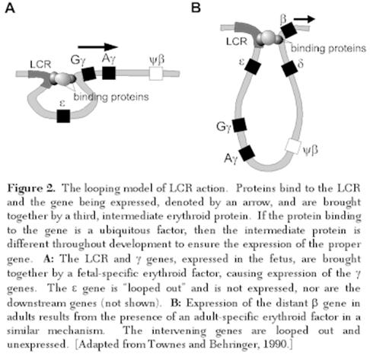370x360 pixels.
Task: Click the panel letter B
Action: (196, 8)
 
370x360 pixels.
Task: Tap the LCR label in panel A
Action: (40, 65)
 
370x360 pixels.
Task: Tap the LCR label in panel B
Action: (237, 41)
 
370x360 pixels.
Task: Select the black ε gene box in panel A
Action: (63, 116)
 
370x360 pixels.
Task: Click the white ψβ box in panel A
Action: (156, 74)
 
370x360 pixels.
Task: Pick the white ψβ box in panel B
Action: (293, 146)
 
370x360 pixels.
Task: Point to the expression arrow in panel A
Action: (97, 46)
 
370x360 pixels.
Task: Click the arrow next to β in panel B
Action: (304, 19)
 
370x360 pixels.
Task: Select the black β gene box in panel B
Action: (289, 30)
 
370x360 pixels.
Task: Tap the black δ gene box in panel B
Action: (289, 68)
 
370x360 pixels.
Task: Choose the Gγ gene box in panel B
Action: (239, 125)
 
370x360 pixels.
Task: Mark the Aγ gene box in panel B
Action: (247, 153)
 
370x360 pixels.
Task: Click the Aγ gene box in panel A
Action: (109, 73)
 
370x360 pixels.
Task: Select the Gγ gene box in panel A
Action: (89, 74)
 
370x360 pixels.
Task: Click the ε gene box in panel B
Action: (253, 66)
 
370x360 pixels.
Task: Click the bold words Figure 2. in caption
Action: (31, 189)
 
